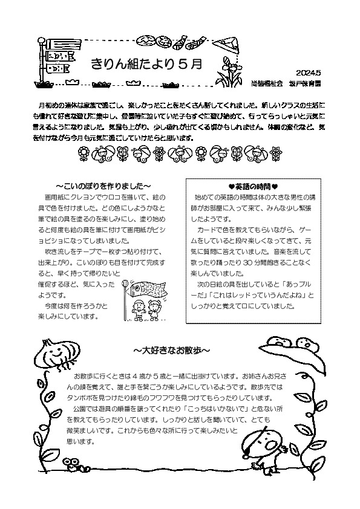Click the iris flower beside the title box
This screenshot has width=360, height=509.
click(232, 70)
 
